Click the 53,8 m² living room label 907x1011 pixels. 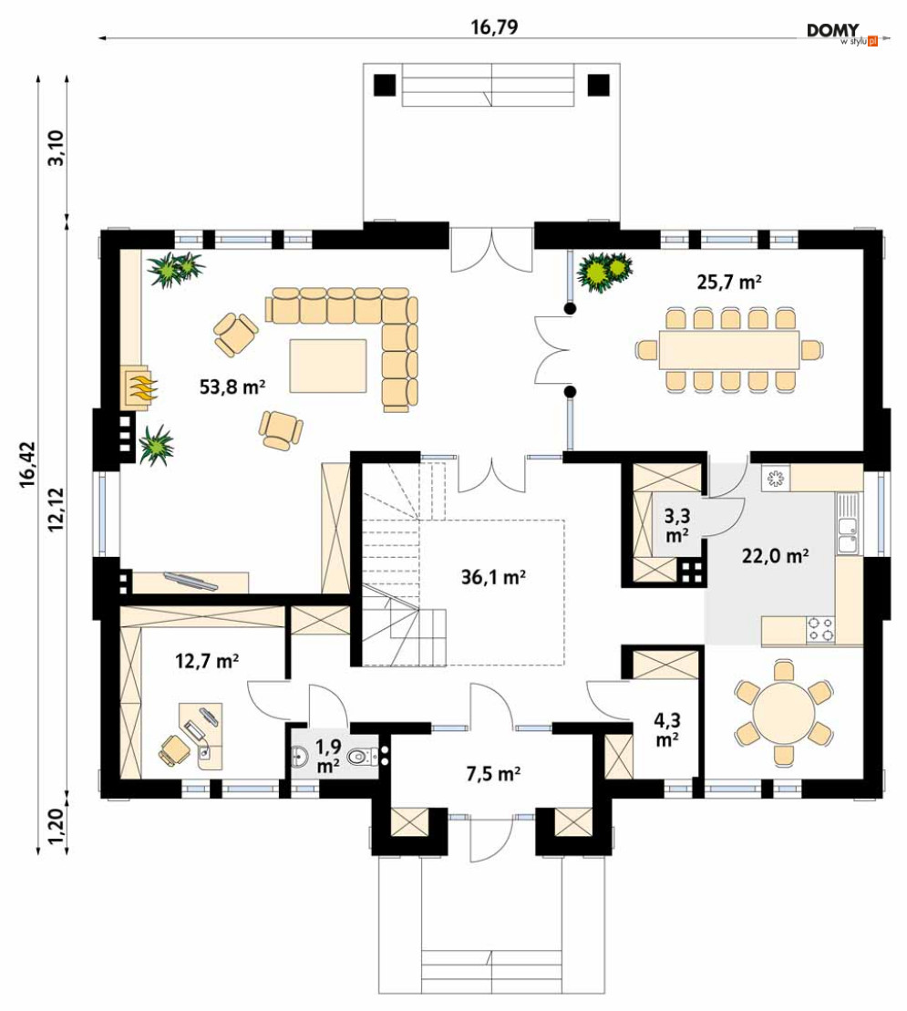point(232,386)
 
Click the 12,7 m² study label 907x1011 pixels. point(207,661)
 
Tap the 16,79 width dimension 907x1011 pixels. point(494,26)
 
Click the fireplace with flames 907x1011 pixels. point(139,387)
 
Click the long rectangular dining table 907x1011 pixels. point(729,349)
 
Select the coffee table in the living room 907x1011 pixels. point(328,365)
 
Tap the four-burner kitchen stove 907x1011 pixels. point(820,628)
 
